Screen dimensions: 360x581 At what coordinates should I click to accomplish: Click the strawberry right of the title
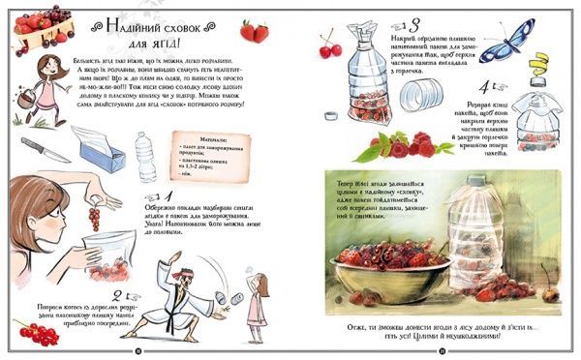click(x=255, y=32)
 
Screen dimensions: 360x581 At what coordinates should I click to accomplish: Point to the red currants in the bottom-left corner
click(x=33, y=335)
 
